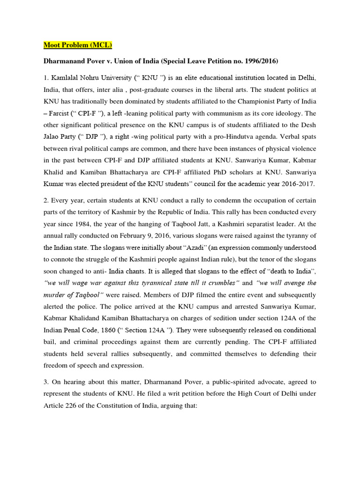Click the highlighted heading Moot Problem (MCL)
pyautogui.click(x=78, y=45)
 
